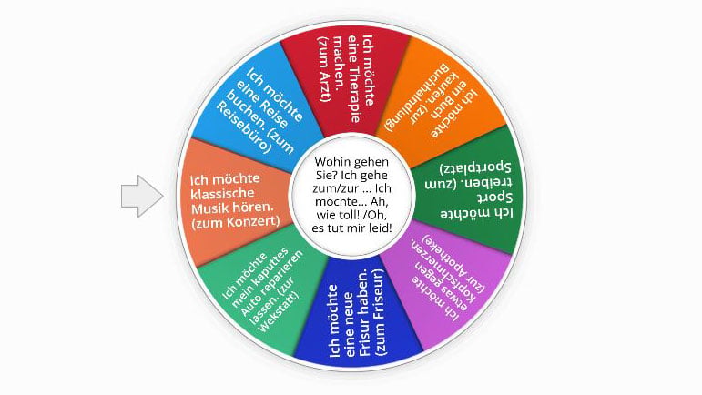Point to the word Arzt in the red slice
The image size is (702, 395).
325,83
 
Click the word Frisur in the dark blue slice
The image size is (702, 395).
364,337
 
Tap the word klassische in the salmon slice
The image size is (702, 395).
222,194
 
